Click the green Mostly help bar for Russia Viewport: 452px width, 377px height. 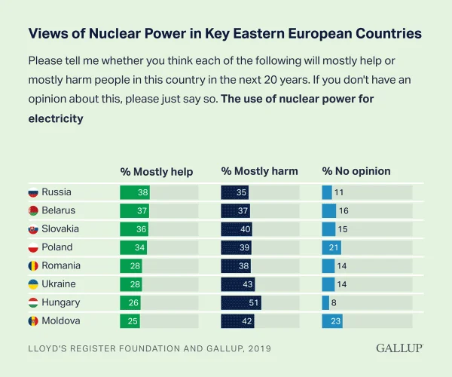click(x=135, y=192)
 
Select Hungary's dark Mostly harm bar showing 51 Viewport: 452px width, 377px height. click(x=241, y=302)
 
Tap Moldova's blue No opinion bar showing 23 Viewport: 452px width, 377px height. click(x=332, y=321)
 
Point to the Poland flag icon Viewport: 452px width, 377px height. click(x=33, y=247)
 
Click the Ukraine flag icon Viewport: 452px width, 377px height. click(x=33, y=284)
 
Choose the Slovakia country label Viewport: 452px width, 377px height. click(x=60, y=228)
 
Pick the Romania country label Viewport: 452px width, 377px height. click(x=61, y=265)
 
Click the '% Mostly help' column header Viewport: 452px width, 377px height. click(x=157, y=172)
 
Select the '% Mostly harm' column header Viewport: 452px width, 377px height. click(x=259, y=171)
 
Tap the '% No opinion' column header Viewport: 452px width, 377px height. click(x=356, y=171)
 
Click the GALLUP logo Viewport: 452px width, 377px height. click(x=399, y=348)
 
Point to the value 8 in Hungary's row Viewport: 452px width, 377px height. click(x=334, y=303)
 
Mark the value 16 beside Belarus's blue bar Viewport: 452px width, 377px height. click(x=344, y=211)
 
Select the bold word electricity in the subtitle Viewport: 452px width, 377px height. click(x=56, y=118)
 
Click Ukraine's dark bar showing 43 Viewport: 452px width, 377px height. click(x=238, y=284)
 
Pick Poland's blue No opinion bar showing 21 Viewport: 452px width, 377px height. click(x=331, y=247)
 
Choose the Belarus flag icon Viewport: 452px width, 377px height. click(x=33, y=211)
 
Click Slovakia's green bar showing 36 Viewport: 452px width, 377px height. click(x=134, y=229)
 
